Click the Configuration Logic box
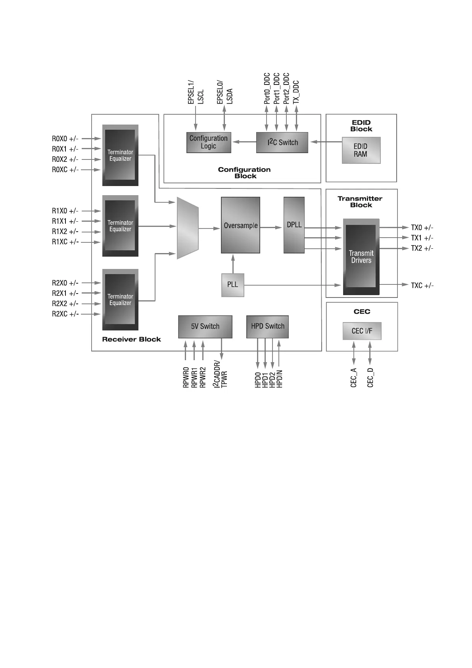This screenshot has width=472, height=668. pyautogui.click(x=209, y=142)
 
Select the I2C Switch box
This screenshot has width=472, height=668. pyautogui.click(x=282, y=142)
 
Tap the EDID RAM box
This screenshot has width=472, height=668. pyautogui.click(x=361, y=150)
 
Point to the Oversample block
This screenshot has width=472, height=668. pyautogui.click(x=240, y=225)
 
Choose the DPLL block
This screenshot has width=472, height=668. pyautogui.click(x=294, y=225)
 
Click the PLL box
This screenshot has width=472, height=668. pyautogui.click(x=232, y=285)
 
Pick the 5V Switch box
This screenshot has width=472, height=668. pyautogui.click(x=205, y=326)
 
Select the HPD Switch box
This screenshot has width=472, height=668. pyautogui.click(x=267, y=326)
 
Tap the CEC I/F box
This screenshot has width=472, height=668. pyautogui.click(x=362, y=331)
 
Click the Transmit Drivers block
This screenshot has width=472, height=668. pyautogui.click(x=361, y=257)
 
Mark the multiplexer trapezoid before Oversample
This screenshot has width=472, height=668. pyautogui.click(x=187, y=228)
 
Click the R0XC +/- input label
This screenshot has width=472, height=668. pyautogui.click(x=65, y=170)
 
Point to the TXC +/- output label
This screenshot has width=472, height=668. pyautogui.click(x=422, y=286)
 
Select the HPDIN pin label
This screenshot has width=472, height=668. pyautogui.click(x=280, y=379)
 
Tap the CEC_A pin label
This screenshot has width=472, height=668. pyautogui.click(x=354, y=378)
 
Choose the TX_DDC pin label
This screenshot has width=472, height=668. pyautogui.click(x=296, y=92)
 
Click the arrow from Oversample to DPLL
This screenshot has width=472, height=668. pyautogui.click(x=272, y=227)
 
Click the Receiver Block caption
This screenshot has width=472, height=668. pyautogui.click(x=131, y=340)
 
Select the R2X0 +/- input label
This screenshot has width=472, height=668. pyautogui.click(x=65, y=283)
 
